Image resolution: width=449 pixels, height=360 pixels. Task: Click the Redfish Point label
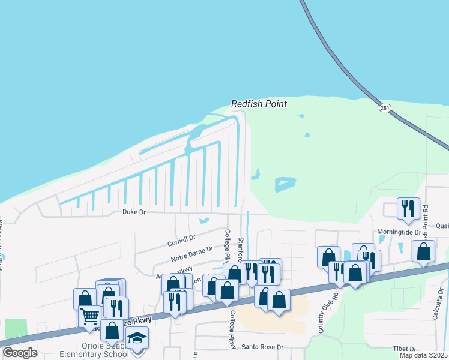click(x=259, y=104)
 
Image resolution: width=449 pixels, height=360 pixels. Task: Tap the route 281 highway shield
click(x=385, y=107)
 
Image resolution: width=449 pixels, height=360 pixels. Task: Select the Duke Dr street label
click(x=134, y=212)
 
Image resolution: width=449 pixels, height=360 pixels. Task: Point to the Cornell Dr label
click(x=181, y=241)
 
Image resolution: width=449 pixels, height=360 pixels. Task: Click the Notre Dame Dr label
click(x=192, y=254)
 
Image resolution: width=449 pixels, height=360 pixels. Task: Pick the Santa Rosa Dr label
click(x=262, y=347)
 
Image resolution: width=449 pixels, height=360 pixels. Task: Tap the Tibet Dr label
click(x=404, y=349)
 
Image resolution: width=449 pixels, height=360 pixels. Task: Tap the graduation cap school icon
click(x=137, y=339)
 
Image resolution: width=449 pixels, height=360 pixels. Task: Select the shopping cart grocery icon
click(x=90, y=316)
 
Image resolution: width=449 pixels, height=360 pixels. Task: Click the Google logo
click(x=20, y=353)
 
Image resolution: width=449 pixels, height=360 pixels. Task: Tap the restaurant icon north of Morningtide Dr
click(x=408, y=208)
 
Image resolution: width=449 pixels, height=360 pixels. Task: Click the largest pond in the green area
click(x=285, y=183)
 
